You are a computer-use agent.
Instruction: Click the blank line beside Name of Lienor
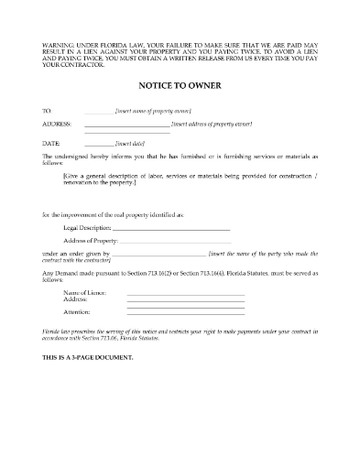tap(185, 293)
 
